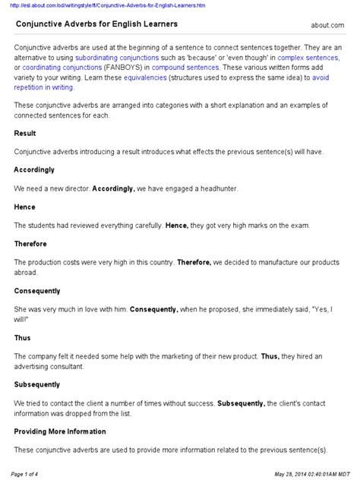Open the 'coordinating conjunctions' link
pos(55,68)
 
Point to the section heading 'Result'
pos(25,133)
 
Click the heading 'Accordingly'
pos(35,170)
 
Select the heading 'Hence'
pos(25,207)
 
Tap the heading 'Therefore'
pos(31,244)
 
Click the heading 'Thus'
pos(23,338)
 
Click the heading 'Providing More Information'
pos(61,431)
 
